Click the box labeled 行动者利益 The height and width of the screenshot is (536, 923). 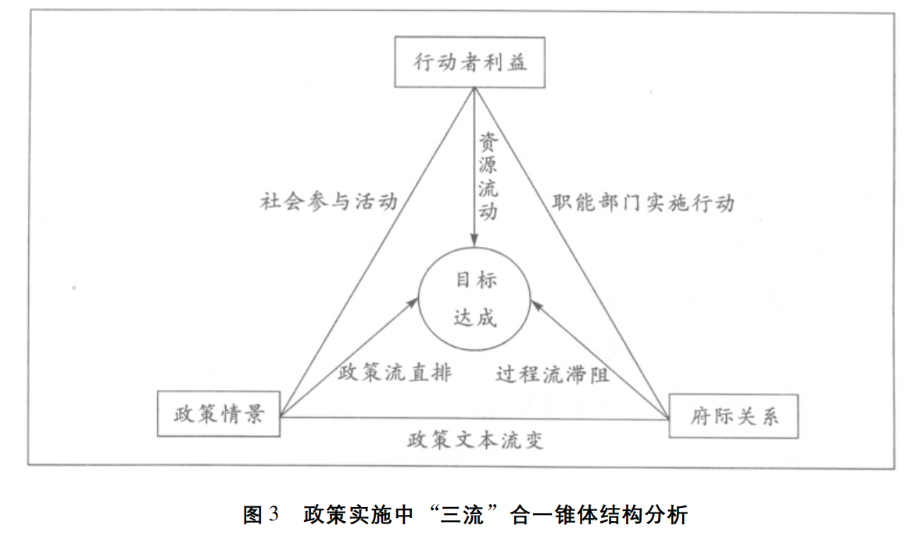pos(470,62)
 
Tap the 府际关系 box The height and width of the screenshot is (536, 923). pos(734,415)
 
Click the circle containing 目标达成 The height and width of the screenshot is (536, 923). pos(475,299)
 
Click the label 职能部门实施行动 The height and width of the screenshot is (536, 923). pos(643,202)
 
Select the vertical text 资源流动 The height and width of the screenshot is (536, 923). pos(488,177)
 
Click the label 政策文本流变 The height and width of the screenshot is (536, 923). pos(474,441)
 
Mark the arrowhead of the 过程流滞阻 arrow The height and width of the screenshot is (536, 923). pos(535,302)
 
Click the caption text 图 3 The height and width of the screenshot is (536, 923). pos(261,515)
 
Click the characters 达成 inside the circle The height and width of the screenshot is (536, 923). pos(475,318)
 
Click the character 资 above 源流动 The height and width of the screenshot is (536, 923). pos(488,143)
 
